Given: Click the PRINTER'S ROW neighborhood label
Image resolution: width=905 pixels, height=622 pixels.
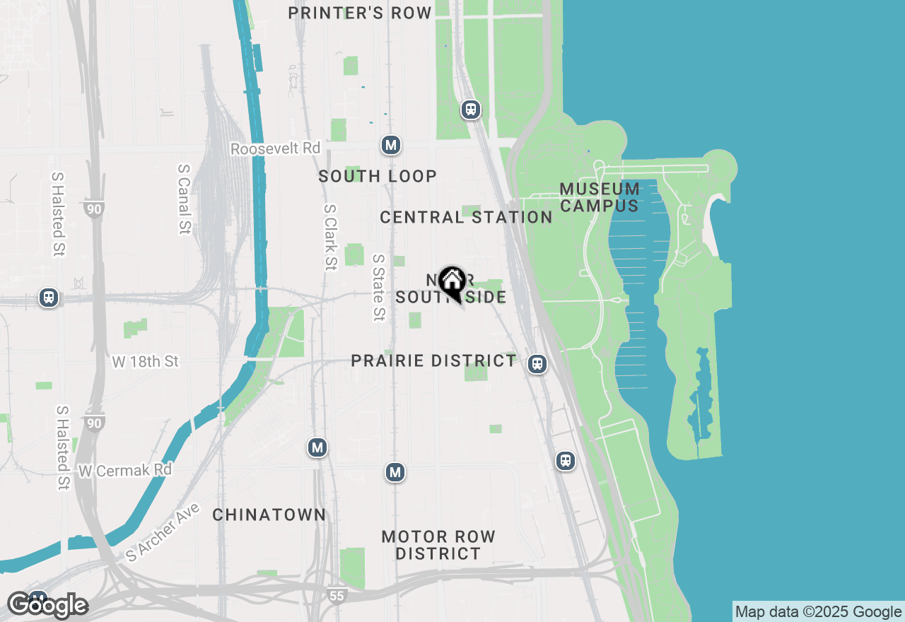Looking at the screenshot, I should pyautogui.click(x=361, y=13).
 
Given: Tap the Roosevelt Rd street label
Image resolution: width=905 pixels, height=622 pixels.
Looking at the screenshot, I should pyautogui.click(x=276, y=149).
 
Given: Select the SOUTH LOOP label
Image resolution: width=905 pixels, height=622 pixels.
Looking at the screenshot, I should pyautogui.click(x=378, y=176).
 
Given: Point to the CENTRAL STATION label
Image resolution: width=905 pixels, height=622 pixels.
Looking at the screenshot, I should pyautogui.click(x=466, y=217).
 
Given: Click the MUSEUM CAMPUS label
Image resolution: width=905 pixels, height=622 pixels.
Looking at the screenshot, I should pyautogui.click(x=600, y=197).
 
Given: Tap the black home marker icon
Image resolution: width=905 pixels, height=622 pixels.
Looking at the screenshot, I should pyautogui.click(x=452, y=282).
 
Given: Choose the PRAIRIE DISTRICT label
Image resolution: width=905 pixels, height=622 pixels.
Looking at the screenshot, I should pyautogui.click(x=434, y=360).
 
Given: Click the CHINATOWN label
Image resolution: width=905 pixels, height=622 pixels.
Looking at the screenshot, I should pyautogui.click(x=269, y=515).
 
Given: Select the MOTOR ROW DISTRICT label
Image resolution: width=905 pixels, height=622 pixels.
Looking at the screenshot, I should pyautogui.click(x=438, y=545).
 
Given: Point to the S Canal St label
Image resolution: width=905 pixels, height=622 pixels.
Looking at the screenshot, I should pyautogui.click(x=185, y=199).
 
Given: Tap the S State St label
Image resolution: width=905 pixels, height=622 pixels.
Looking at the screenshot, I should pyautogui.click(x=380, y=288).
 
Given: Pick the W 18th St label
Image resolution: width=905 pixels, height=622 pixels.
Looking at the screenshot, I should pyautogui.click(x=146, y=362).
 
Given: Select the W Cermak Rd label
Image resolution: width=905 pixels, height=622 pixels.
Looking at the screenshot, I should pyautogui.click(x=125, y=470).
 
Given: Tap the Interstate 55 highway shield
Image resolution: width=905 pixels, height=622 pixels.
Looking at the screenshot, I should pyautogui.click(x=337, y=596).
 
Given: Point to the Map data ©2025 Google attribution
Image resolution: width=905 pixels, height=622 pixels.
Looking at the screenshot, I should pyautogui.click(x=819, y=612).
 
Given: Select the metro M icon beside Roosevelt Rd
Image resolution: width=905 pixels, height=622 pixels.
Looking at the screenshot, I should pyautogui.click(x=390, y=146).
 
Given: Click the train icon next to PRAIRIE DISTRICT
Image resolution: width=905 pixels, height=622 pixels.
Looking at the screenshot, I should pyautogui.click(x=537, y=364).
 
